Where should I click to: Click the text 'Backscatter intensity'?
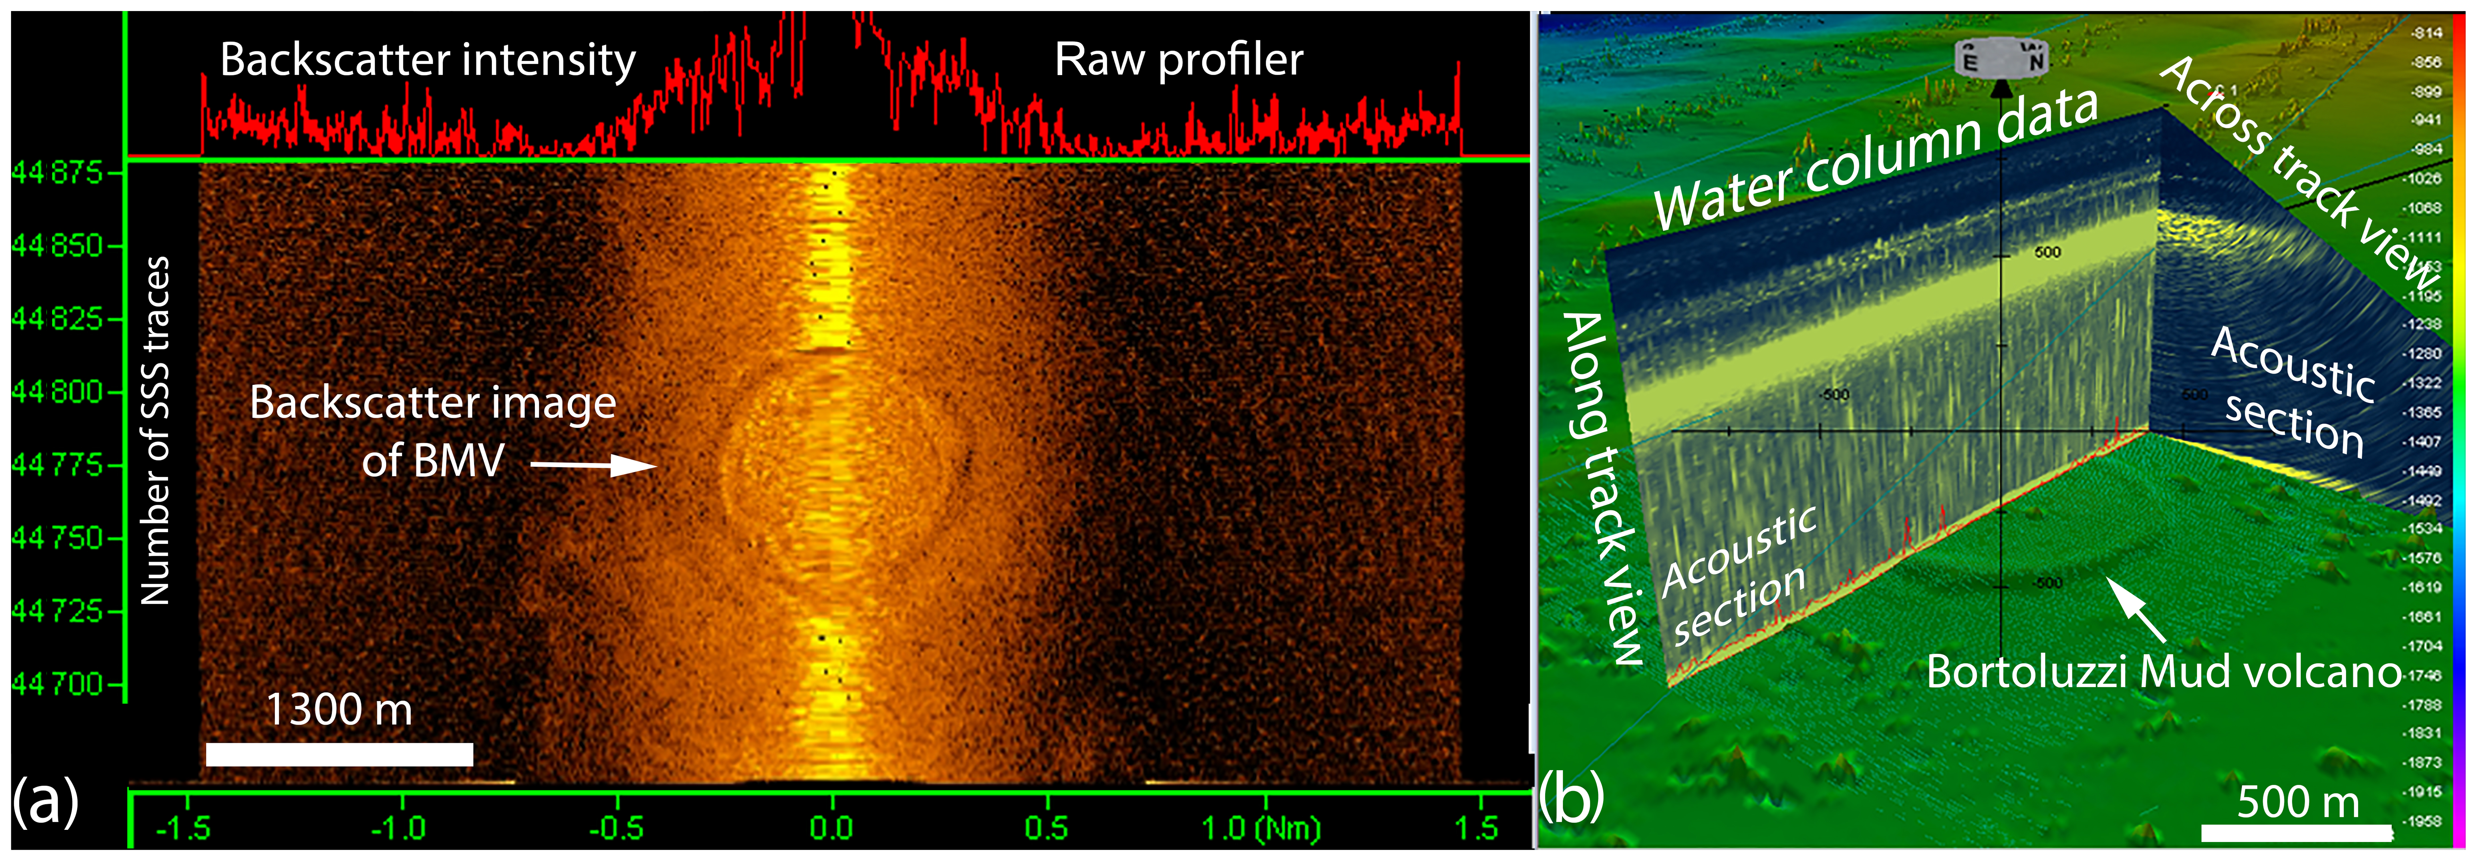pyautogui.click(x=428, y=60)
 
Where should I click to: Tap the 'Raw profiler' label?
pyautogui.click(x=1179, y=60)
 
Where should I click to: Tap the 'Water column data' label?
pyautogui.click(x=1875, y=159)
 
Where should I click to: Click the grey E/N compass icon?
pyautogui.click(x=2002, y=60)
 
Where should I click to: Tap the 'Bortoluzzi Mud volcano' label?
pyautogui.click(x=2164, y=671)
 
